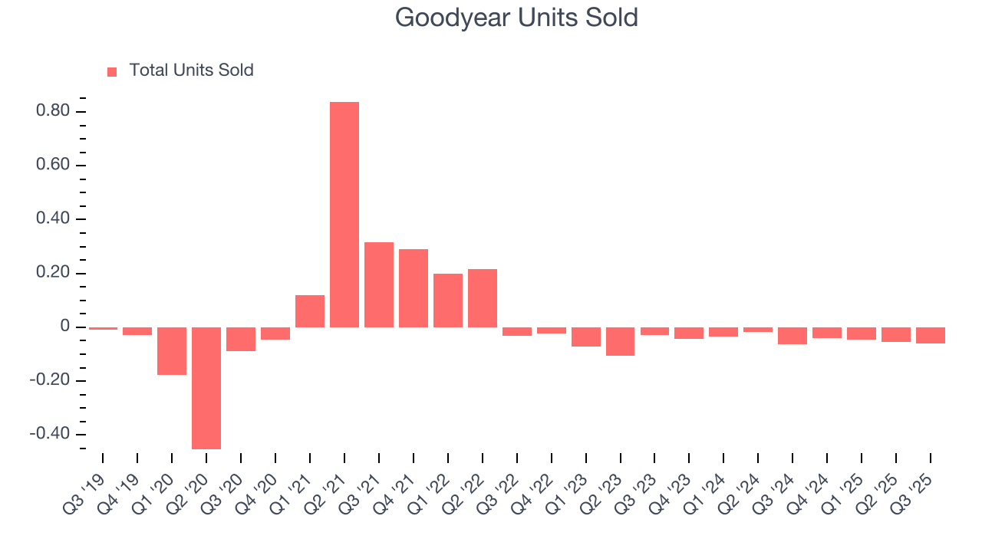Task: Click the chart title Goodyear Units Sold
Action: click(516, 18)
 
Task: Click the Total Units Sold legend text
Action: click(191, 71)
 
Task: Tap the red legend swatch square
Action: click(112, 71)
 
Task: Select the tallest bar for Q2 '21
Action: click(344, 215)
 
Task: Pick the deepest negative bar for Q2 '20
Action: click(206, 388)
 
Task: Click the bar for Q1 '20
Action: click(172, 351)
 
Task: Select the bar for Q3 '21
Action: click(379, 284)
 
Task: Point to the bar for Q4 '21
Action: click(414, 288)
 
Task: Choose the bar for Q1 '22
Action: click(448, 301)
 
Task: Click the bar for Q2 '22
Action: click(483, 298)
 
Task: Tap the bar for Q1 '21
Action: click(310, 311)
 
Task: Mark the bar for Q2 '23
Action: click(620, 341)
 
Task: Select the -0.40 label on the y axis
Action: click(49, 435)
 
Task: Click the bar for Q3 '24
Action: click(793, 336)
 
